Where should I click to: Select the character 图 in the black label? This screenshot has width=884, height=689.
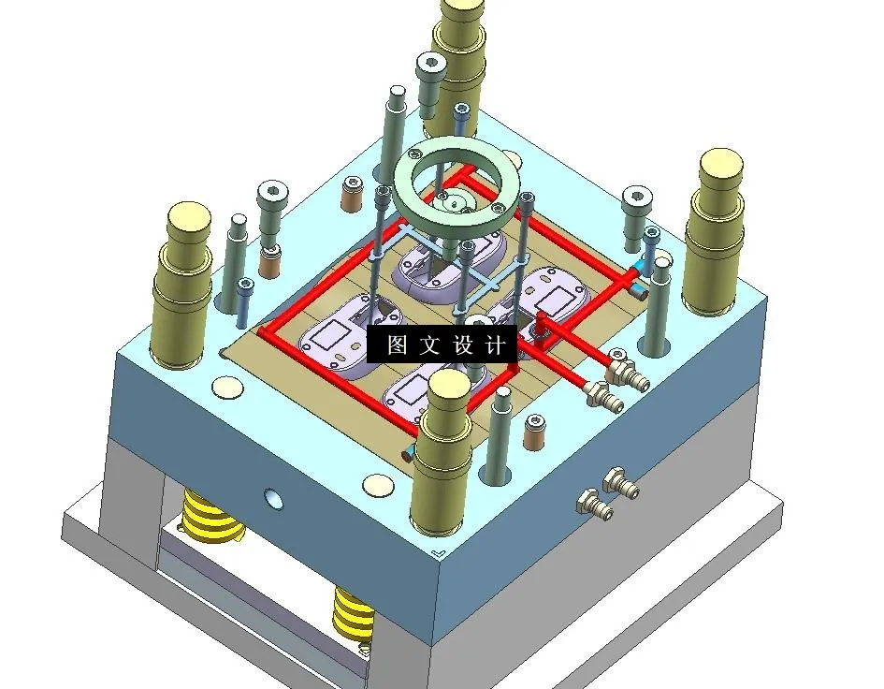[397, 344]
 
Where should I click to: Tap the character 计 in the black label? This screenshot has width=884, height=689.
[496, 344]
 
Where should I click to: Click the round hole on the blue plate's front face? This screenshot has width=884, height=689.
[274, 498]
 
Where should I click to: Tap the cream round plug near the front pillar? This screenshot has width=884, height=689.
[379, 485]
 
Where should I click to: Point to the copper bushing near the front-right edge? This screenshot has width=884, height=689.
[535, 426]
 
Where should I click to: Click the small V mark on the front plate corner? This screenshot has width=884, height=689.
[441, 553]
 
